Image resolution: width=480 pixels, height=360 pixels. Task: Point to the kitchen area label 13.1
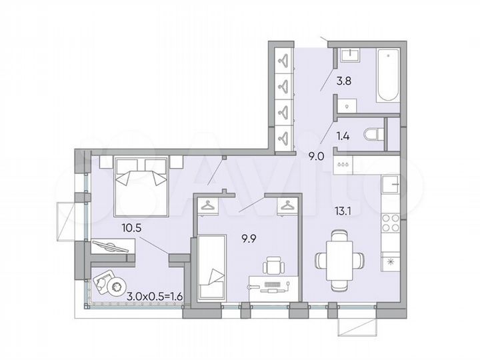(x=343, y=212)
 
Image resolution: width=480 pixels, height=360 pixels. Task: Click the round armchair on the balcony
(x=106, y=283)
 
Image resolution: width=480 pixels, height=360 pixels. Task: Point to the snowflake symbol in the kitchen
(x=390, y=261)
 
